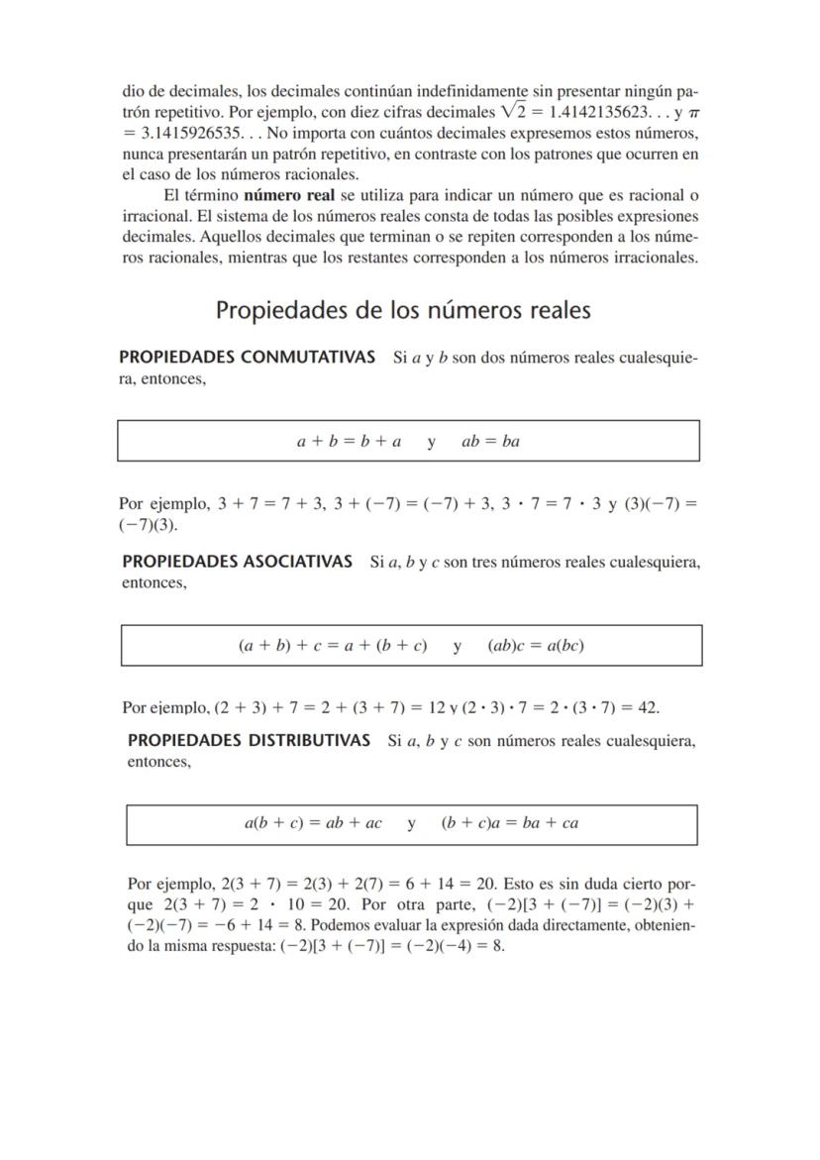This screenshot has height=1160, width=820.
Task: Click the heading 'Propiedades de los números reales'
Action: [x=403, y=310]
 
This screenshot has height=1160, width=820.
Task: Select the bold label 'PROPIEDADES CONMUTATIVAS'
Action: [x=247, y=357]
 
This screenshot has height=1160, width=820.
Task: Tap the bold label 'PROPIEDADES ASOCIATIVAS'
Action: [x=238, y=562]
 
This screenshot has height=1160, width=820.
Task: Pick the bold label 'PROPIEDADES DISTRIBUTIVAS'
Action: [x=250, y=740]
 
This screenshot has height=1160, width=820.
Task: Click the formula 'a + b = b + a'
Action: [x=349, y=442]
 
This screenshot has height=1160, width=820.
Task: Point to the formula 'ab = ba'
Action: [x=490, y=442]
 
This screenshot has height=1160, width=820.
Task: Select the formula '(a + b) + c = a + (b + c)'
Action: [x=333, y=646]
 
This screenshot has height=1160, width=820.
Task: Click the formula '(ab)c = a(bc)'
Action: [x=536, y=646]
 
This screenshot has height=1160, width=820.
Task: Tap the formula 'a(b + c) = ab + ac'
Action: [x=313, y=823]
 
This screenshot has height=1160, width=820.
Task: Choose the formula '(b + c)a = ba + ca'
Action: [x=510, y=823]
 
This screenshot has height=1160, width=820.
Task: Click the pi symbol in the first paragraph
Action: [x=692, y=113]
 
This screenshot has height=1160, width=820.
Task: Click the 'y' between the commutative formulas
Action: [x=432, y=442]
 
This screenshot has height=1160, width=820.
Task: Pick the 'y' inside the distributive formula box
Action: [x=411, y=823]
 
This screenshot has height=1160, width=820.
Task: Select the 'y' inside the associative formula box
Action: [x=458, y=646]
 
